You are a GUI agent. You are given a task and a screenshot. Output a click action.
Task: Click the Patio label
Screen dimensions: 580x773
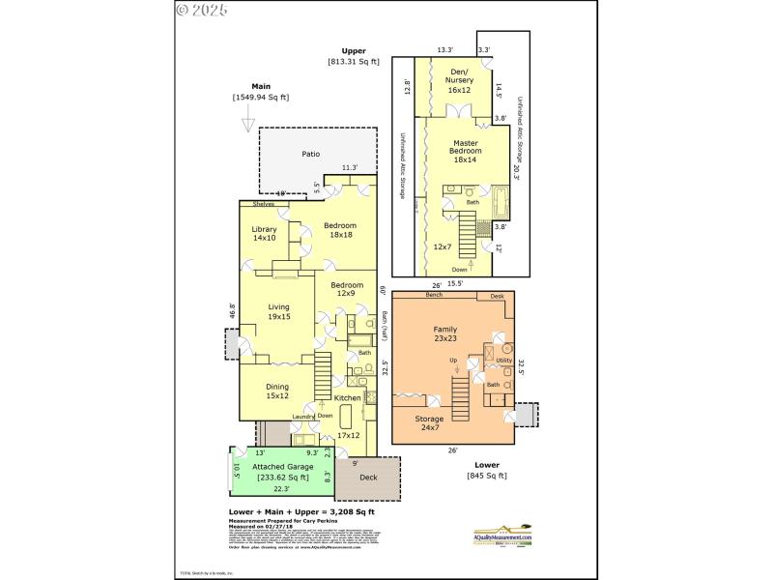(310, 154)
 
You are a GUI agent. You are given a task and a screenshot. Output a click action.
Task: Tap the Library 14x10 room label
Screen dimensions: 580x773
(265, 233)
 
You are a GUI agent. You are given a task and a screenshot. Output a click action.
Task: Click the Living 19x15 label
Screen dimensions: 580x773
(279, 312)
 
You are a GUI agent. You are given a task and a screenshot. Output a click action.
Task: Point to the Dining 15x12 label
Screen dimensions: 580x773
(276, 391)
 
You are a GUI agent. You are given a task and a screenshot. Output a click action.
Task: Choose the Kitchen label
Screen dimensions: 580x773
(347, 397)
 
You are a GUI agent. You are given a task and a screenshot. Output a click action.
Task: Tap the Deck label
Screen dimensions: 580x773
(368, 477)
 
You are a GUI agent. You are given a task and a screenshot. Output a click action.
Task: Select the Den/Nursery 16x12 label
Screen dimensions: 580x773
(459, 80)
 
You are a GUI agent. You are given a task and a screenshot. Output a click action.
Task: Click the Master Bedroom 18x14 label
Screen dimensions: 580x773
(466, 151)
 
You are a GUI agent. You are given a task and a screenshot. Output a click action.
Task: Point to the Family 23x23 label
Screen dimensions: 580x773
(444, 334)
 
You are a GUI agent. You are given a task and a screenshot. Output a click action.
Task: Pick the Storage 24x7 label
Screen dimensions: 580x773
(430, 423)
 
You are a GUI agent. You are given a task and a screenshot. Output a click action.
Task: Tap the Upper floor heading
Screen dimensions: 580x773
(354, 51)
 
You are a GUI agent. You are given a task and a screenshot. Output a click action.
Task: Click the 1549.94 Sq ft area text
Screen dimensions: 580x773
(260, 98)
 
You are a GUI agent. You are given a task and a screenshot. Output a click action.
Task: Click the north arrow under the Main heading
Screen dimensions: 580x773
(248, 124)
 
